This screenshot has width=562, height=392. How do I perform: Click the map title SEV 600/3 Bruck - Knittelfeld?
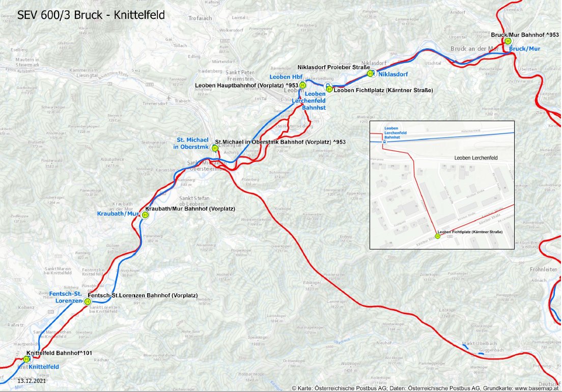pos(91,15)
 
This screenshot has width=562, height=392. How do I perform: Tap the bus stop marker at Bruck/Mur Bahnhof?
pos(508,41)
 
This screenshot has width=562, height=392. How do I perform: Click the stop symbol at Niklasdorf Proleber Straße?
pos(372,73)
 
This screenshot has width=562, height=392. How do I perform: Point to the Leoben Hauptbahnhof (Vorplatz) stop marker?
pos(302,85)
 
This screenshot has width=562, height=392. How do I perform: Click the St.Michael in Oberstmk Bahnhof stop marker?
pos(214,148)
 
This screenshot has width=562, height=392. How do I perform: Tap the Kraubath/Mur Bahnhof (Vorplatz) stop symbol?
pos(145,215)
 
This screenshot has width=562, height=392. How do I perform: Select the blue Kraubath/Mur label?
pos(118,214)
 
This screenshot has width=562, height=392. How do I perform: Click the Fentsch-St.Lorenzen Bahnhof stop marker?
pos(88,301)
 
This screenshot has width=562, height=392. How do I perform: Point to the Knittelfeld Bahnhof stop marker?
pos(26,359)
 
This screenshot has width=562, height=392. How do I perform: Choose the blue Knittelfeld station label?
pos(43,367)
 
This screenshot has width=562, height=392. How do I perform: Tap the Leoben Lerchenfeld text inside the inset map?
pos(475,158)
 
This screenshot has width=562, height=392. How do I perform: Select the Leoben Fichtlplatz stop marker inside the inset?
pos(437,236)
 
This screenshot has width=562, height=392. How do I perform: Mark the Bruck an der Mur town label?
pos(473,49)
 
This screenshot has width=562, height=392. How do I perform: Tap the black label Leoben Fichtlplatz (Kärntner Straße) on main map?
pos(383,90)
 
